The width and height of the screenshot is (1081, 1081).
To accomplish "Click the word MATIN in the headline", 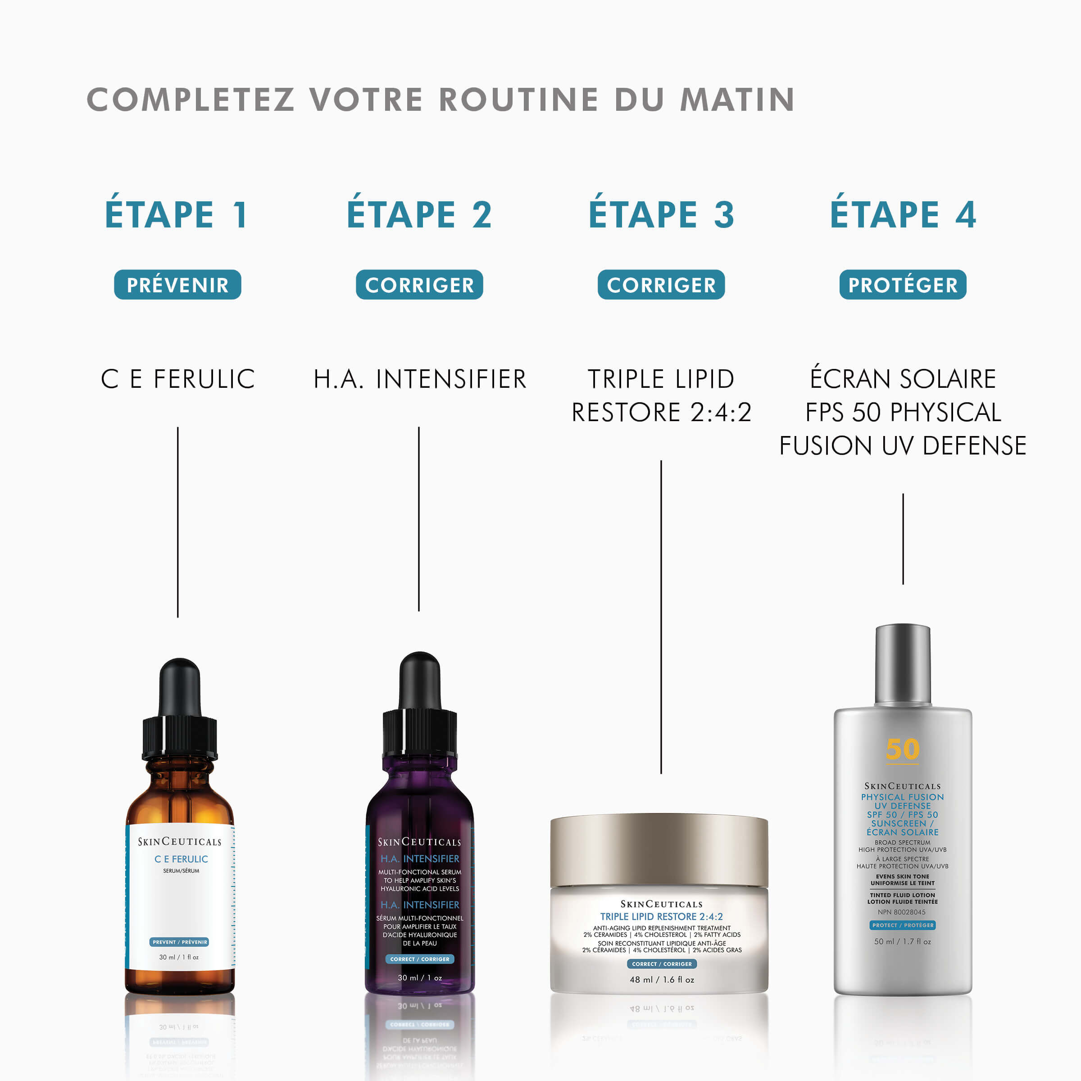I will point(736,100).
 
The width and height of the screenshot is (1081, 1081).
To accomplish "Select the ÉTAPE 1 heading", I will point(177,215).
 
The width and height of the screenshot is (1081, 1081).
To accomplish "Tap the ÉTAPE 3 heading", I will point(661,215).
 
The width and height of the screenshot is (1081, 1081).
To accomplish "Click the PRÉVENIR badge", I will point(177,285).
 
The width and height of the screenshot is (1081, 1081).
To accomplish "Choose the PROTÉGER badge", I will point(903,285).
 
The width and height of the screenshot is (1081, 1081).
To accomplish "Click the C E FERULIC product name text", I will point(177,379).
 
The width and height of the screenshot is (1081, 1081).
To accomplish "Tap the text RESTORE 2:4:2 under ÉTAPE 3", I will point(661,413).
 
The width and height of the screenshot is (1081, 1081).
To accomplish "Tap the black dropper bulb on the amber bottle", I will point(180,687).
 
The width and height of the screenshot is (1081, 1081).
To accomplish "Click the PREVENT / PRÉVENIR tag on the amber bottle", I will point(179,942).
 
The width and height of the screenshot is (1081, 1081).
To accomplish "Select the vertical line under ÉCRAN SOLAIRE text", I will point(903,538).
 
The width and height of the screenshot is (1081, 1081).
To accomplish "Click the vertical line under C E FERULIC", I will point(177,522).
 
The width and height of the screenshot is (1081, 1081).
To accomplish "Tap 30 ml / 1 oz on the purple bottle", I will point(420,977).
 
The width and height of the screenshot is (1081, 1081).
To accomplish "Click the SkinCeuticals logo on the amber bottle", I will point(179,841).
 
